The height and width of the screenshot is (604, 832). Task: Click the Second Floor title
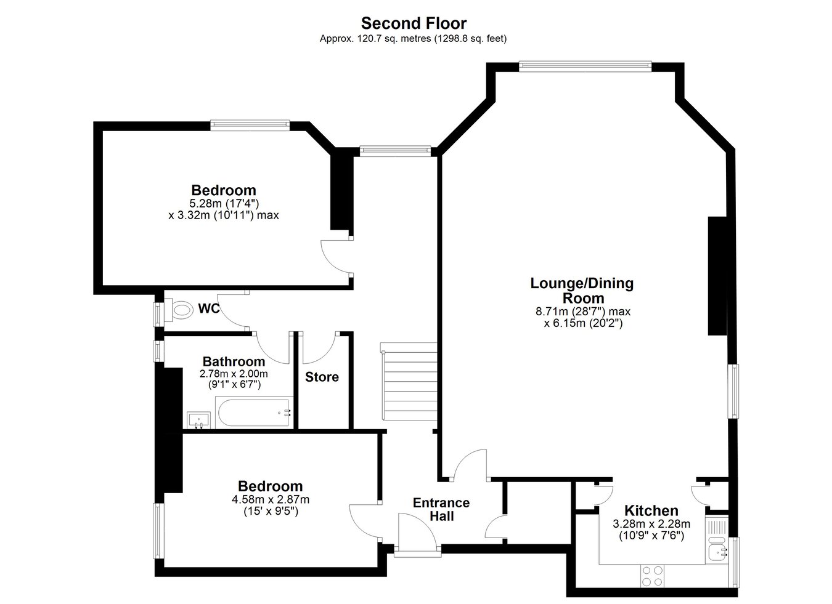(414, 23)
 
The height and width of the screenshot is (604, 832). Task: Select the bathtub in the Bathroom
(254, 413)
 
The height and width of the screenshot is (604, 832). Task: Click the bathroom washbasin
(198, 420)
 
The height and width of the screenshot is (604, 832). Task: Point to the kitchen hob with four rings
(652, 576)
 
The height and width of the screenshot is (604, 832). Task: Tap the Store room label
(322, 377)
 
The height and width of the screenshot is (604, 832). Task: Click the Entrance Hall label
(441, 509)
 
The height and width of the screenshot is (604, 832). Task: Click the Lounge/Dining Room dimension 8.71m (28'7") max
(583, 311)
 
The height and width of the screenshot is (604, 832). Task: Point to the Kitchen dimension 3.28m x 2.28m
(651, 524)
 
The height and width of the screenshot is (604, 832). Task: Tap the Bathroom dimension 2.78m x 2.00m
(234, 374)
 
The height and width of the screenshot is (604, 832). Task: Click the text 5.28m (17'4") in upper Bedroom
(224, 203)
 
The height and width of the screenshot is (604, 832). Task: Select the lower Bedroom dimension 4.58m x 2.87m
(271, 499)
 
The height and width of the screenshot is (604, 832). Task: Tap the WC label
(209, 308)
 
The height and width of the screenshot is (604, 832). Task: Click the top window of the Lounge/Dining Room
(585, 66)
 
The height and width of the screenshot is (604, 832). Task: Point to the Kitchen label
(651, 510)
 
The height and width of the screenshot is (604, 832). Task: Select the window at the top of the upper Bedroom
(250, 125)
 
